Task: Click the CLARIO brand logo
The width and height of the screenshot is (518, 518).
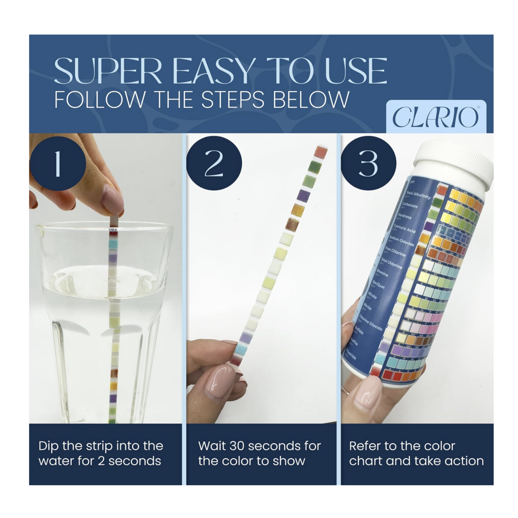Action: [435, 117]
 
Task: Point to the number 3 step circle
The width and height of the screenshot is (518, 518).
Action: [368, 164]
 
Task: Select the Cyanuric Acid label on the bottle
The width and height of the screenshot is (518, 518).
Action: [404, 228]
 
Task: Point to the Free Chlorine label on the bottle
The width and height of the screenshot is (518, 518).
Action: [396, 251]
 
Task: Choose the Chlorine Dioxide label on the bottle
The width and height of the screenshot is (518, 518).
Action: [371, 322]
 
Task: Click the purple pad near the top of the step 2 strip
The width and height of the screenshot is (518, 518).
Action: [303, 196]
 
